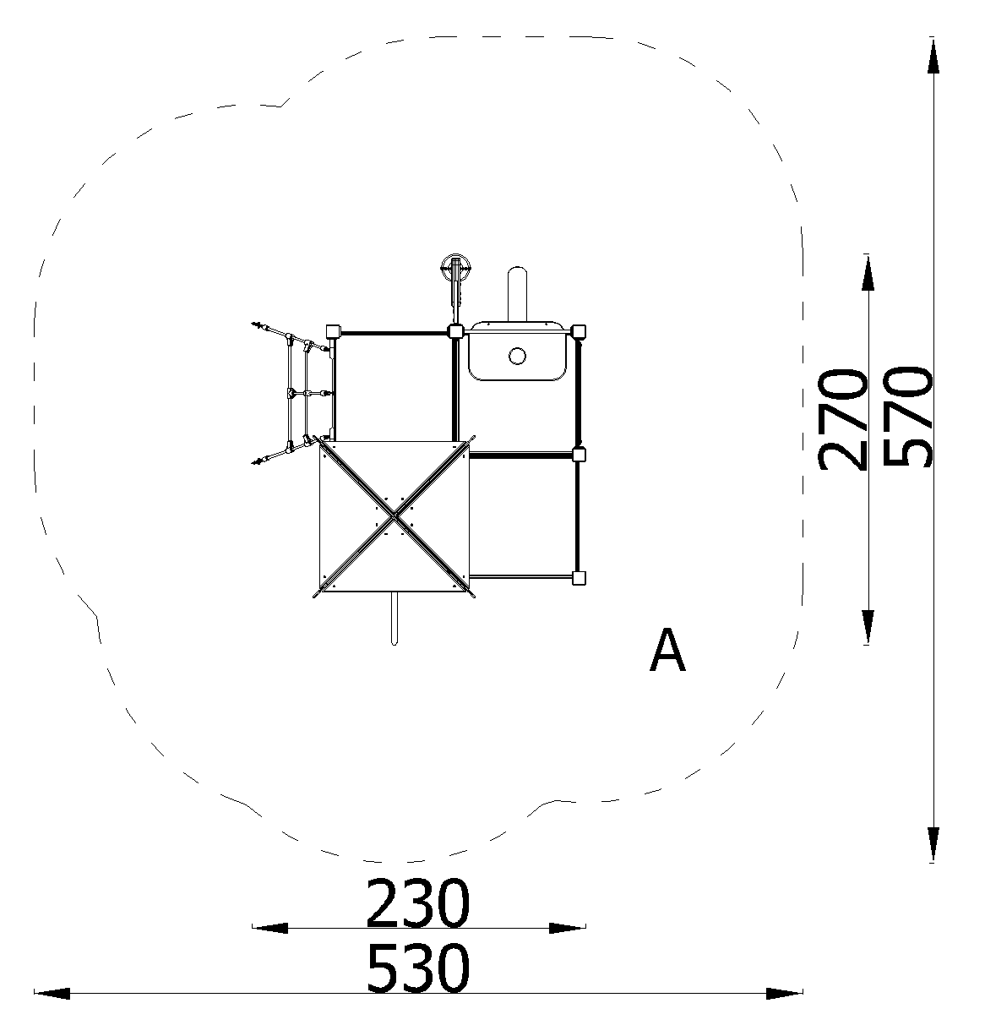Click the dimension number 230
point(417,902)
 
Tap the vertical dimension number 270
point(841,419)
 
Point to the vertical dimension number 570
point(906,417)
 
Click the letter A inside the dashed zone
point(667,650)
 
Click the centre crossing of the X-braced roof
point(394,517)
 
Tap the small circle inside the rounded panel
point(517,357)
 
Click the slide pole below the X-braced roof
point(394,618)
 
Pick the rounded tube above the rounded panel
point(517,294)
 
